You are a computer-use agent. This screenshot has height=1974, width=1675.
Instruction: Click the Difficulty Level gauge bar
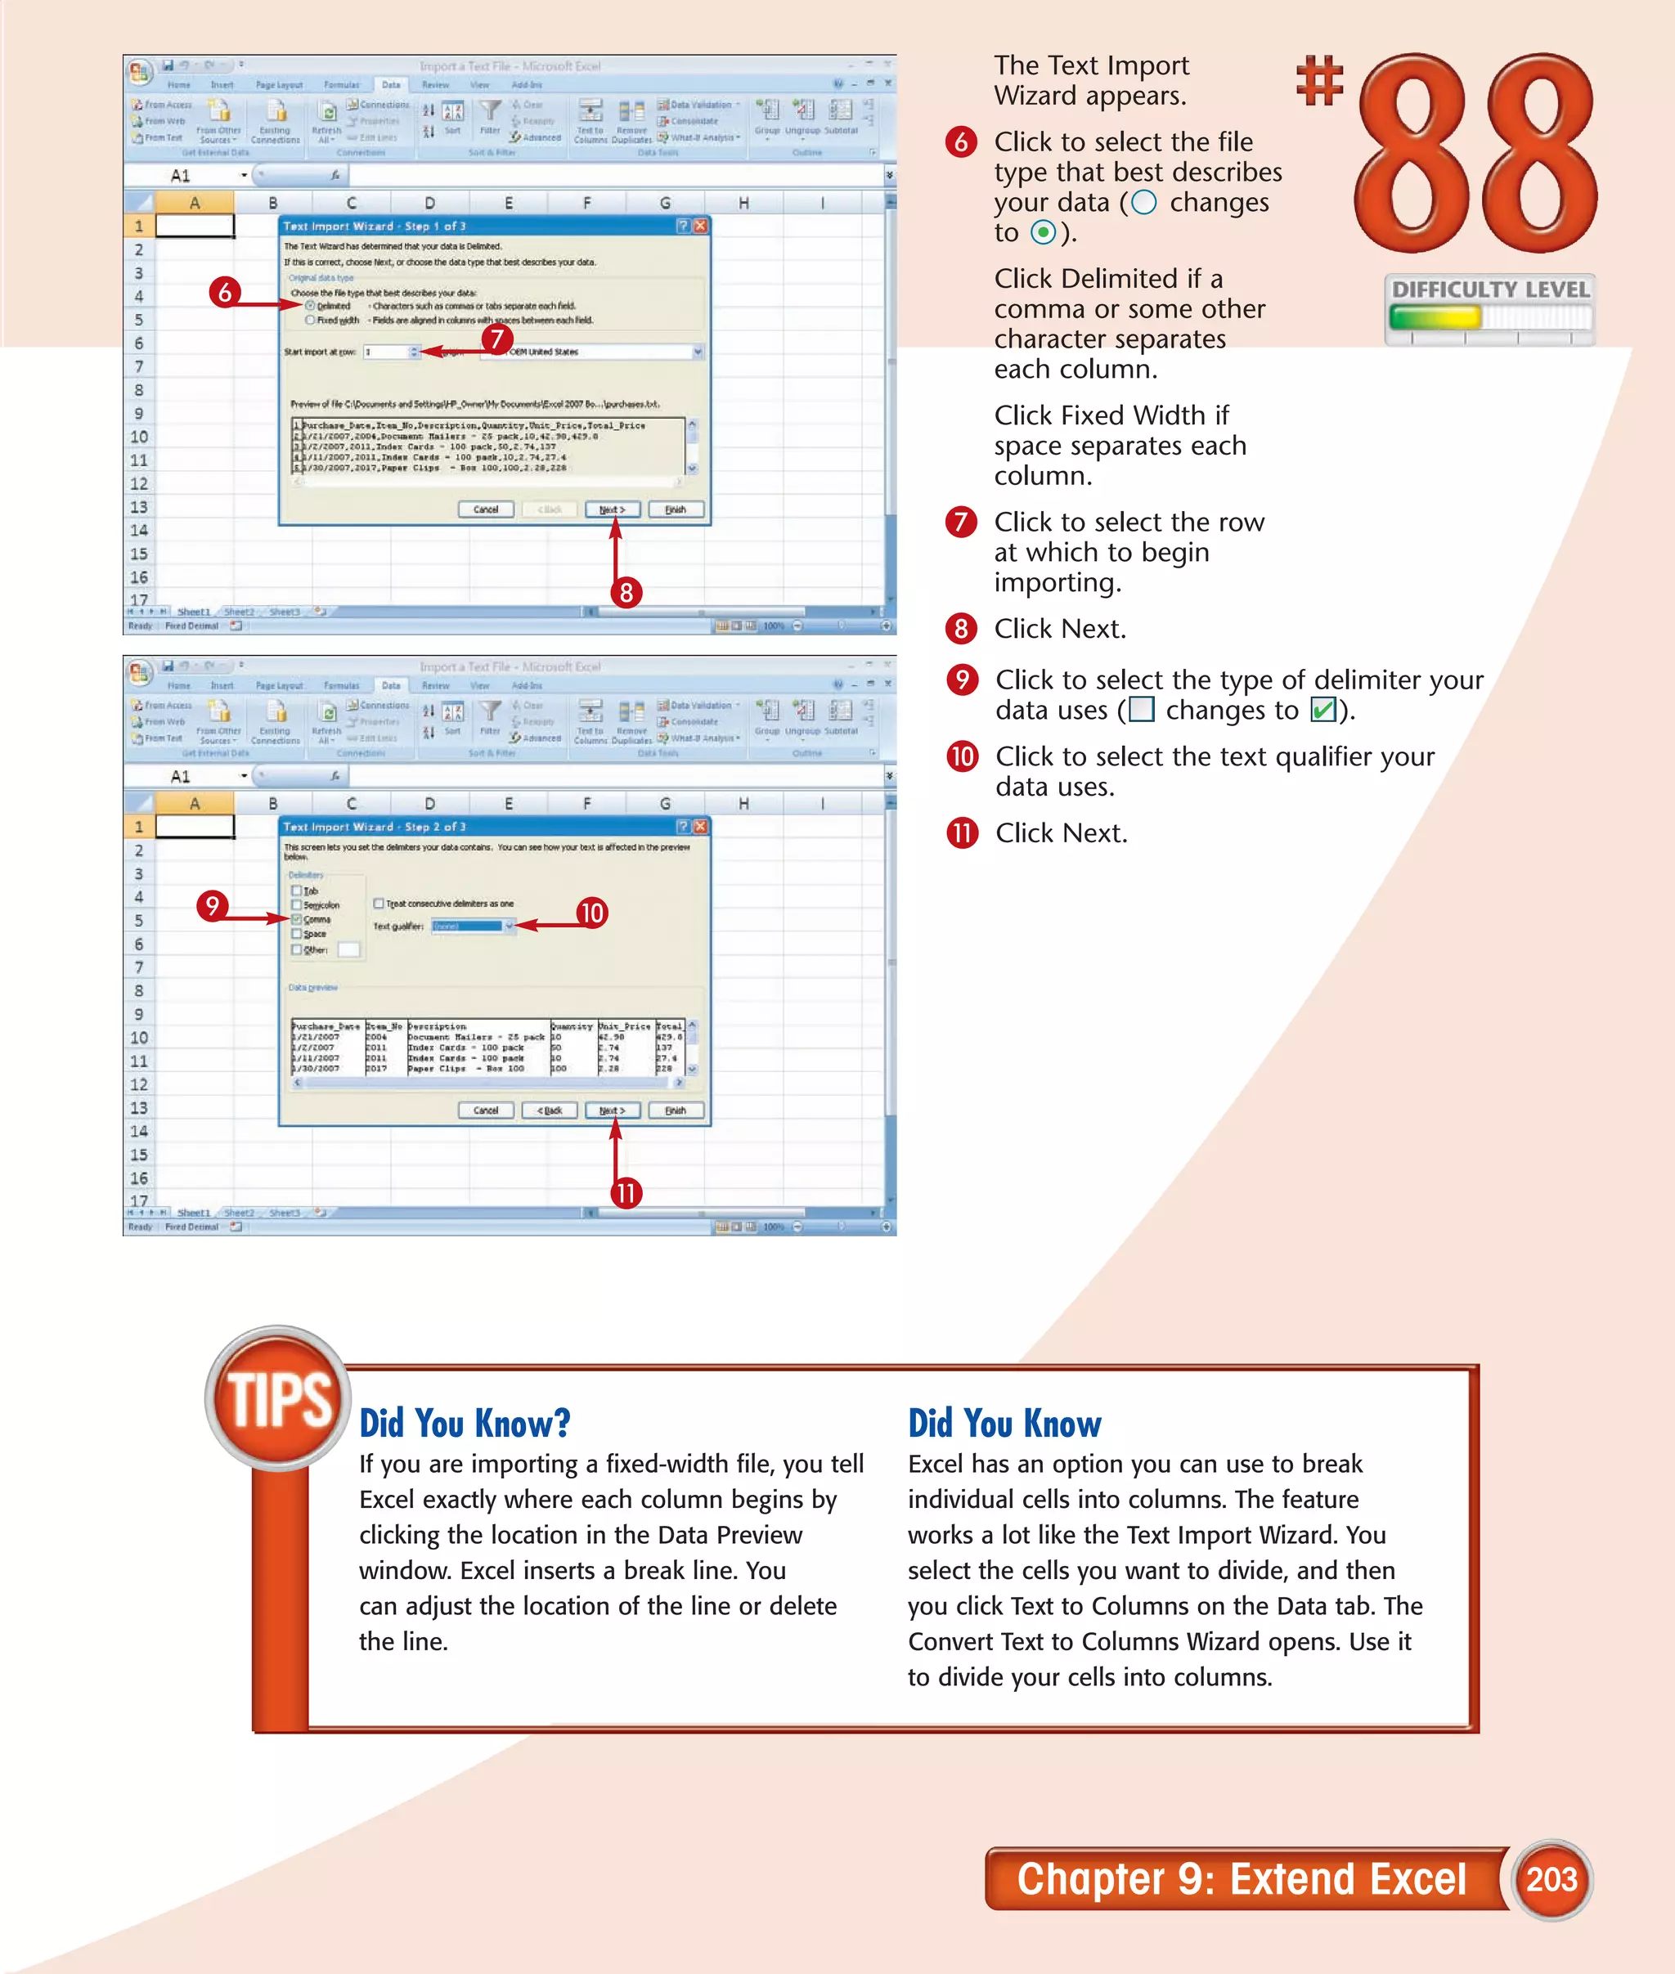pos(1488,317)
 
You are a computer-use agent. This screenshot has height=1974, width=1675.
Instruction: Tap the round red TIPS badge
pos(278,1398)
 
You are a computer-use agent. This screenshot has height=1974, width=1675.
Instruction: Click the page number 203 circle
pos(1551,1879)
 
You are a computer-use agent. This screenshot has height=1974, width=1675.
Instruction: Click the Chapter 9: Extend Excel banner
pos(1241,1879)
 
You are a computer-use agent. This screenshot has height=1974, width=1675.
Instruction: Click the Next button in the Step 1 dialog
pos(612,510)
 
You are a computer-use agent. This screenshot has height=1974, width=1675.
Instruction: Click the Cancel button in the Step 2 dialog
pos(485,1110)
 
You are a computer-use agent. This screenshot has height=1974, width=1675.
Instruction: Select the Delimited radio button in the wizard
pos(311,306)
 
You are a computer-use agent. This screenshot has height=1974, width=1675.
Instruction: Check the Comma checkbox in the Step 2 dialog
pos(297,919)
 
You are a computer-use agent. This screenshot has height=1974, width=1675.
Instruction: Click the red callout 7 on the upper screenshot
pos(496,339)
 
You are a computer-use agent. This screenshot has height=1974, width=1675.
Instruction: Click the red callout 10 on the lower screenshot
pos(591,913)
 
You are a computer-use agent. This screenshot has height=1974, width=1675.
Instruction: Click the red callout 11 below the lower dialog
pos(626,1192)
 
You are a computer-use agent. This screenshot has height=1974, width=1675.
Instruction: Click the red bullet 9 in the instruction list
pos(962,680)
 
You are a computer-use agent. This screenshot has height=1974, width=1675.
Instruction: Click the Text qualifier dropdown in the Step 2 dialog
pos(473,926)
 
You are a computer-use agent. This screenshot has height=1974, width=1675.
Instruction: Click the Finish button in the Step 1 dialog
pos(675,510)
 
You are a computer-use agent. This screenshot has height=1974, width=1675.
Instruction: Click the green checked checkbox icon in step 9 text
pos(1322,711)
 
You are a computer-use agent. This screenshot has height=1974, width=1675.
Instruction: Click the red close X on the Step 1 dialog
pos(700,226)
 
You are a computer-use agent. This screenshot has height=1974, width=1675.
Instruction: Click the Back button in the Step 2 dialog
pos(549,1110)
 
